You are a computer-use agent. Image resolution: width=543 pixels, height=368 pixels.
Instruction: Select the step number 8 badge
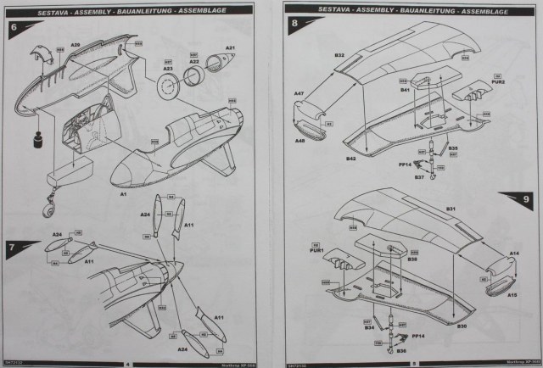tap(294, 25)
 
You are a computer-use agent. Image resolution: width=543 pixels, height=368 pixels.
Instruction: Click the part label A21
tap(229, 47)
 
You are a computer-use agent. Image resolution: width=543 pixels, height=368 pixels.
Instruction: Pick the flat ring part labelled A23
tap(168, 86)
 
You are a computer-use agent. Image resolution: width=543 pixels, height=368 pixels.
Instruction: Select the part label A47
tap(299, 92)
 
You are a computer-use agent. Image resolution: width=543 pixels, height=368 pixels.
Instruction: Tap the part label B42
tap(350, 158)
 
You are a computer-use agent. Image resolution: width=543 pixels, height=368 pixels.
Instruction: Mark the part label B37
tap(419, 176)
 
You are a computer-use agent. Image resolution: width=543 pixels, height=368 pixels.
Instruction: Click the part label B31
tap(451, 209)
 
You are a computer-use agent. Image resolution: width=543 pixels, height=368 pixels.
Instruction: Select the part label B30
tap(462, 326)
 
